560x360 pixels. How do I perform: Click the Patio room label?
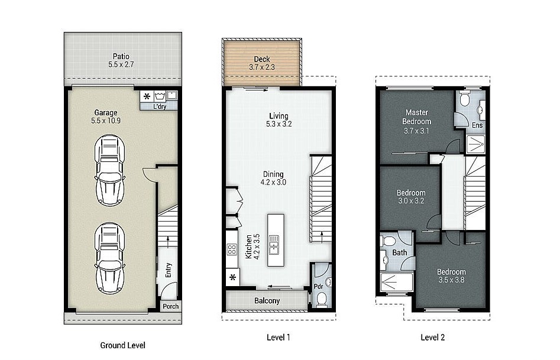pos(121,56)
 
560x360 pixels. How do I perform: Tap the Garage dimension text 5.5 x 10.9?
pos(106,121)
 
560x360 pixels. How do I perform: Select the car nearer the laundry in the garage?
pos(110,170)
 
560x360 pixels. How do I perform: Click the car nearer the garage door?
pos(110,258)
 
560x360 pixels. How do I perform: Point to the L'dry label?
pos(160,106)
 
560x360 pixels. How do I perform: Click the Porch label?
pos(171,306)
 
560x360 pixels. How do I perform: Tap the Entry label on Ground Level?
pos(169,270)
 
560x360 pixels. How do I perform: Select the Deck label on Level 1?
pos(262,59)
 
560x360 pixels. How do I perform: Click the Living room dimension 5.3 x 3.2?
pos(279,124)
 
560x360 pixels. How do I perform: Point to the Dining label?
pos(273,174)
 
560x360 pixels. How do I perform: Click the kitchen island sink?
pos(274,245)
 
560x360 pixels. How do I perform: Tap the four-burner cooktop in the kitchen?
pos(232,249)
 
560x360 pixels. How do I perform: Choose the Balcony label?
pos(267,301)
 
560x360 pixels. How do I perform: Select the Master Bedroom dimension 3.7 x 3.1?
pos(416,131)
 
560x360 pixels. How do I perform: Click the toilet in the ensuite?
pos(465,99)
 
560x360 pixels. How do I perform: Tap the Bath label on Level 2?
pos(400,252)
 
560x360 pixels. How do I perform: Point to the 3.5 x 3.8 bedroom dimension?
pos(451,280)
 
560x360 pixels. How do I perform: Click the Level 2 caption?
pos(432,337)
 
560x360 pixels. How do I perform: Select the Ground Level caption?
pos(122,345)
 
